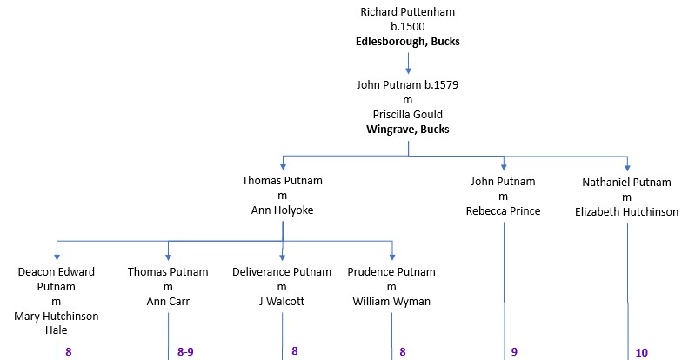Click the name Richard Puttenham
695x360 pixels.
407,12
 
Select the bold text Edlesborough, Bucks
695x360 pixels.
407,42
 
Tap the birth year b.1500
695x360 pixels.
407,27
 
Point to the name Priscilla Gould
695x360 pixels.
408,115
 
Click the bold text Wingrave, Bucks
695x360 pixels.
408,130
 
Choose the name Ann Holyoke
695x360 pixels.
282,210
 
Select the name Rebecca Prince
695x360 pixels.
503,211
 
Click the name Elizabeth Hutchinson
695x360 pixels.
626,211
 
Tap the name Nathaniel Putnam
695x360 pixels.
626,182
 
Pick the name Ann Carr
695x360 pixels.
168,302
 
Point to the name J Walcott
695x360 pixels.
282,302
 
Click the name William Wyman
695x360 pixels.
391,302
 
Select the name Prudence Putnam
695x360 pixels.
391,272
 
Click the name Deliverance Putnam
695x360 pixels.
282,272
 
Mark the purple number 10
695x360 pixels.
641,353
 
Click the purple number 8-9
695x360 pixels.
185,352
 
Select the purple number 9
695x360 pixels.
514,352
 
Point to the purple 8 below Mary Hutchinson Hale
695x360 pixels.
68,352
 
